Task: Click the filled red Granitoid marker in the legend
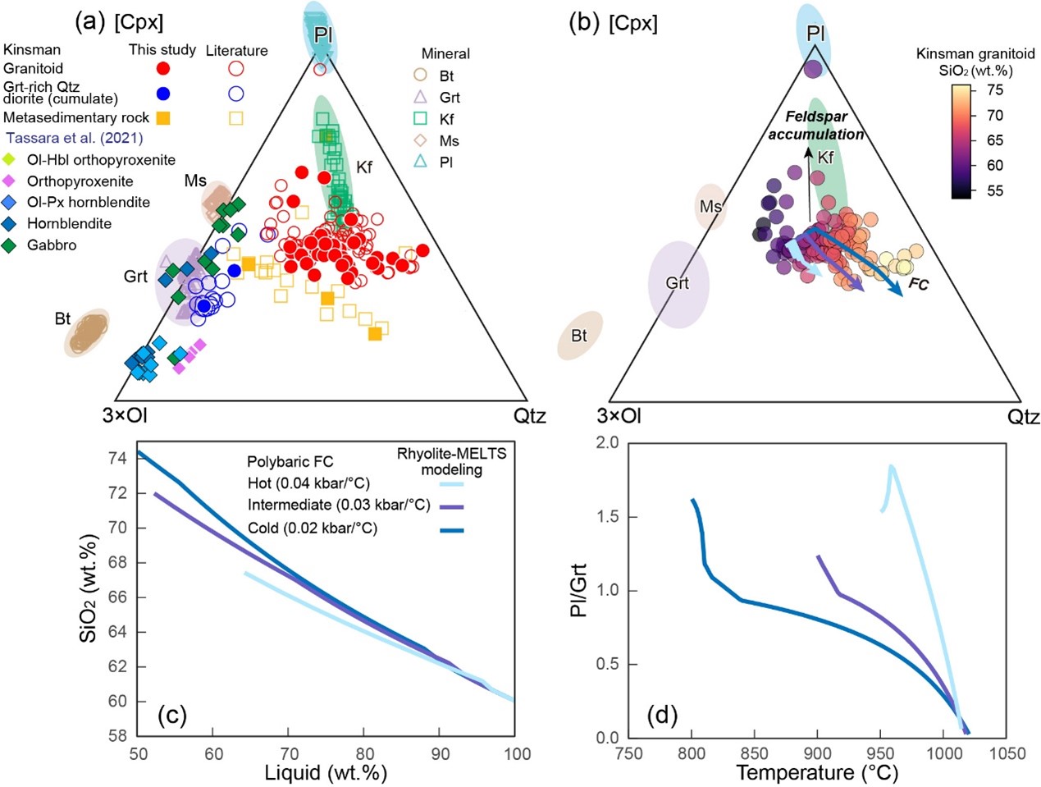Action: [163, 69]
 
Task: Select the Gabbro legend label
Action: [52, 245]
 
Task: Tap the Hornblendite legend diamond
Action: [11, 223]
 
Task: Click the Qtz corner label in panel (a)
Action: [530, 415]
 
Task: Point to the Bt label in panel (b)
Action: [579, 336]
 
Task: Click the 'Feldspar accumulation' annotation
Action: [815, 126]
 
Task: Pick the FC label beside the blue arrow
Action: [918, 285]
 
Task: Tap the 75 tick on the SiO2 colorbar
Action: [995, 89]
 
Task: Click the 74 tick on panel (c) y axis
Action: [118, 458]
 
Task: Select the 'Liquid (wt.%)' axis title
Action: [326, 772]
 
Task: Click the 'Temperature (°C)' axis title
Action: [817, 772]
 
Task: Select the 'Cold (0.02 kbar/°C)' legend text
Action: [313, 528]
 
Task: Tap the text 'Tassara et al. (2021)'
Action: [75, 138]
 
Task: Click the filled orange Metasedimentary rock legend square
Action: [163, 118]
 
